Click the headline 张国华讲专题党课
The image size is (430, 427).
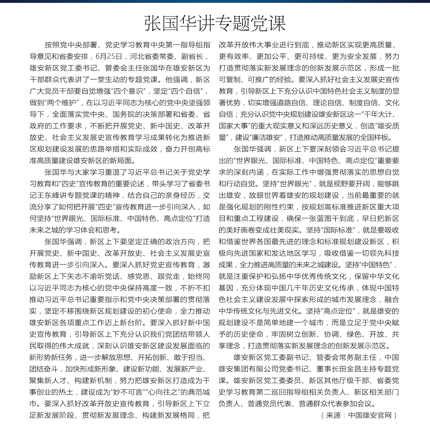point(215,23)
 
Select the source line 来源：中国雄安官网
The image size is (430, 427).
point(359,415)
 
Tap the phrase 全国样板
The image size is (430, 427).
point(377,137)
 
